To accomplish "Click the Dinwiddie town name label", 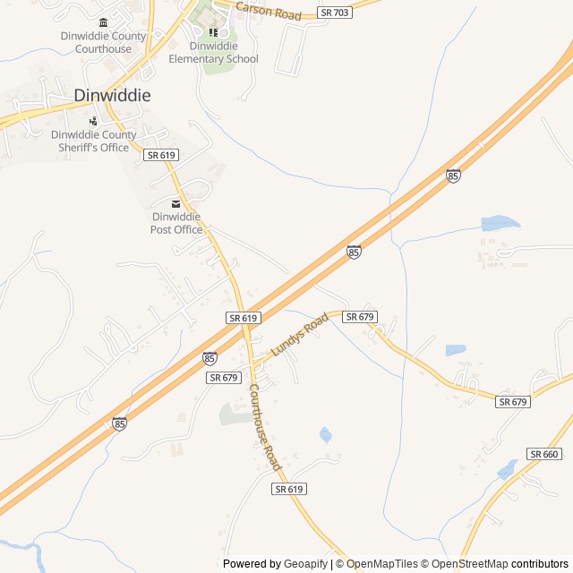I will (x=112, y=95).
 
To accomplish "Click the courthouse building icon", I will (x=103, y=22).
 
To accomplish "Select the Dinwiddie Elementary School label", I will (x=213, y=53).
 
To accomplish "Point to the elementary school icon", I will (x=213, y=33).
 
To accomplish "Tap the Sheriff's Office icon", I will (x=93, y=121).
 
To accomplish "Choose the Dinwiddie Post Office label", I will (x=176, y=223).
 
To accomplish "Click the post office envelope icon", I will (x=176, y=203).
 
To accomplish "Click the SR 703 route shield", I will (x=335, y=13).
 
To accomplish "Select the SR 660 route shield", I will (x=543, y=455).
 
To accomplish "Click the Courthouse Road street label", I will (x=266, y=428).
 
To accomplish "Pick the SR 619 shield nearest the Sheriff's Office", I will (x=161, y=155).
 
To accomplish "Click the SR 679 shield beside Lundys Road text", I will (x=360, y=317).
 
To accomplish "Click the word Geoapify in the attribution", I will (x=306, y=564).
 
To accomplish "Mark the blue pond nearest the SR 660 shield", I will (x=507, y=469).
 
